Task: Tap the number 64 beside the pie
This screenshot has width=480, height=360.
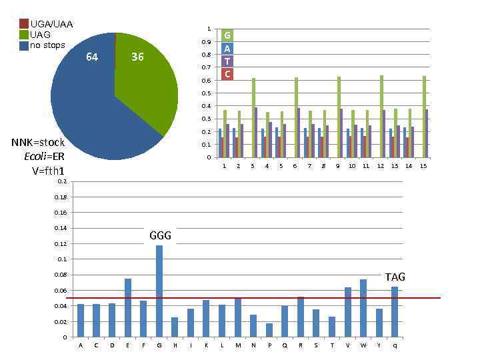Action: [x=92, y=57]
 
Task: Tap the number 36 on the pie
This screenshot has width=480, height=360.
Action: [x=137, y=57]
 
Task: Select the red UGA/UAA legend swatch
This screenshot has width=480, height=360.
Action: [x=24, y=24]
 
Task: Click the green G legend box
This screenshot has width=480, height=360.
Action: [x=227, y=35]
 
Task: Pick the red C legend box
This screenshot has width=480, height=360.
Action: [x=227, y=74]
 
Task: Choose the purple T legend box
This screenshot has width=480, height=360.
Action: [x=227, y=61]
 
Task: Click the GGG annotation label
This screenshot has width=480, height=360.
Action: [x=160, y=235]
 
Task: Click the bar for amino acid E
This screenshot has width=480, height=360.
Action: [x=128, y=307]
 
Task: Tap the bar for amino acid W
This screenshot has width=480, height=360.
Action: [x=363, y=308]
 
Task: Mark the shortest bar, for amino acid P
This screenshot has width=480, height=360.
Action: [x=269, y=330]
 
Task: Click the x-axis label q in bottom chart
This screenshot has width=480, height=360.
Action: [x=395, y=345]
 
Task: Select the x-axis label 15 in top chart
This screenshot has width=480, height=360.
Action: [x=423, y=165]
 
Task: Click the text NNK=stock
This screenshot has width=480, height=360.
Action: [x=38, y=142]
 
